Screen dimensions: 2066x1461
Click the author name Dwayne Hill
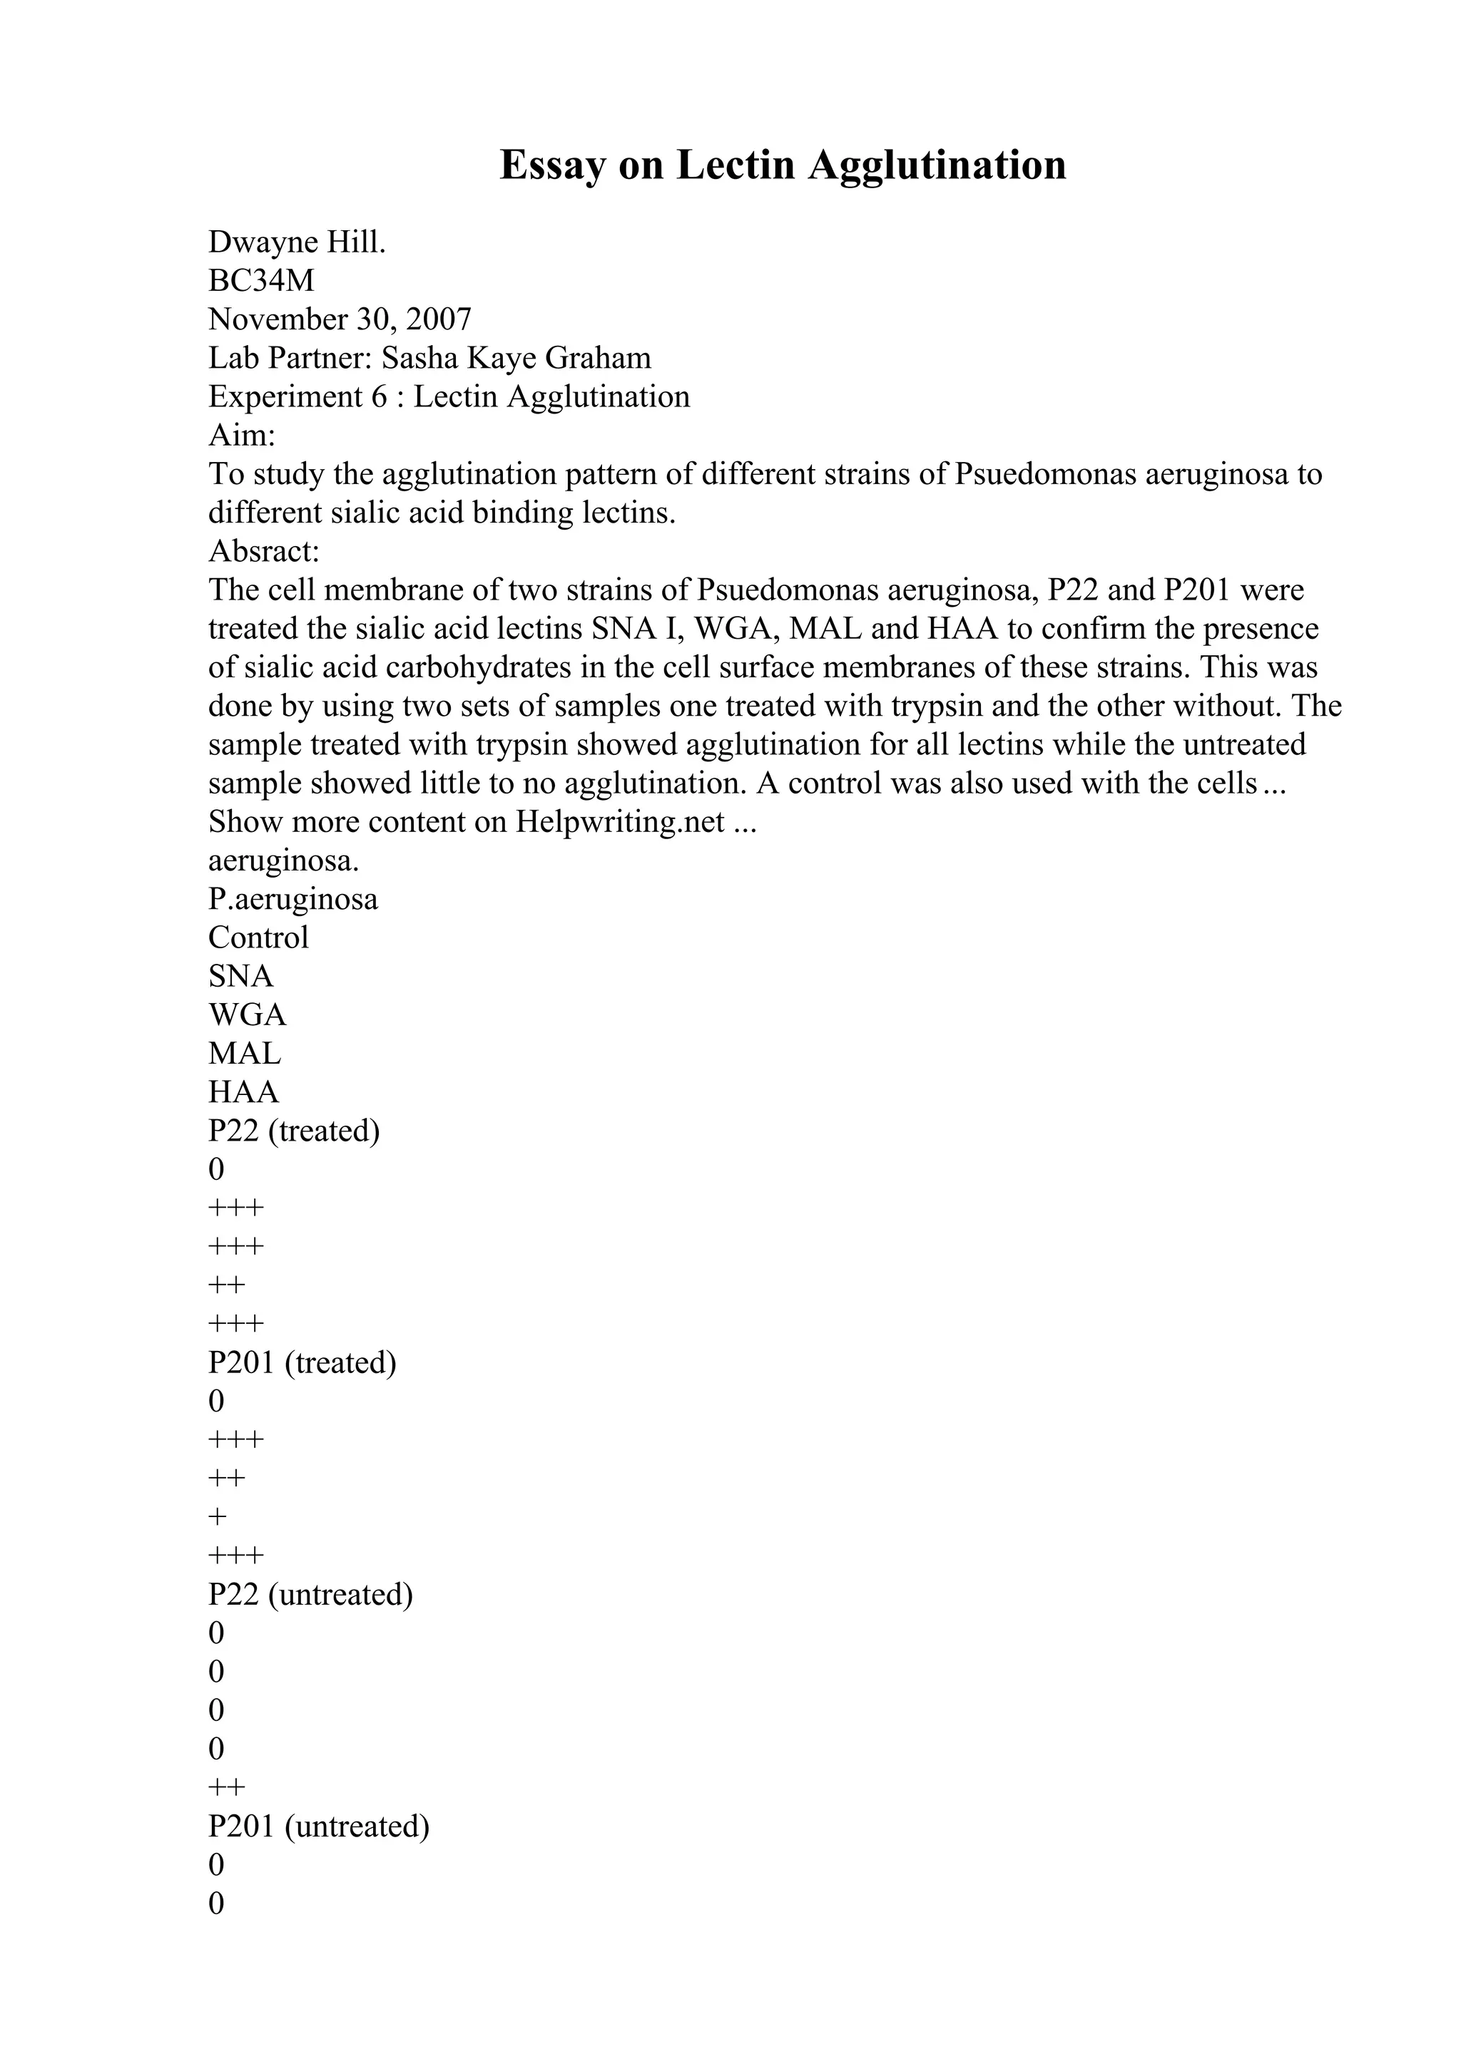pyautogui.click(x=297, y=242)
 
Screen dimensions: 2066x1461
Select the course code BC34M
pyautogui.click(x=261, y=281)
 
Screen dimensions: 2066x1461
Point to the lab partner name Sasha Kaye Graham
pyautogui.click(x=516, y=358)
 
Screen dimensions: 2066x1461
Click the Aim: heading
pyautogui.click(x=241, y=436)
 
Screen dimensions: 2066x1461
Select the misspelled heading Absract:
pyautogui.click(x=264, y=550)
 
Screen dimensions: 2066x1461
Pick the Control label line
pyautogui.click(x=258, y=937)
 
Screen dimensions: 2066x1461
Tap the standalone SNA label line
pyautogui.click(x=240, y=976)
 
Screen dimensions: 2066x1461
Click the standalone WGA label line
pyautogui.click(x=247, y=1015)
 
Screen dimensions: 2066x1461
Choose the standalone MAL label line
pyautogui.click(x=244, y=1054)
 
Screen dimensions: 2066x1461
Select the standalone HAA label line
pyautogui.click(x=243, y=1092)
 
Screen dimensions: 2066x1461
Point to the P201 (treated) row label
pyautogui.click(x=302, y=1362)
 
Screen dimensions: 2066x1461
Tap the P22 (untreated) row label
pyautogui.click(x=310, y=1595)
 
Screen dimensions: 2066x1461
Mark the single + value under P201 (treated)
pyautogui.click(x=217, y=1517)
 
